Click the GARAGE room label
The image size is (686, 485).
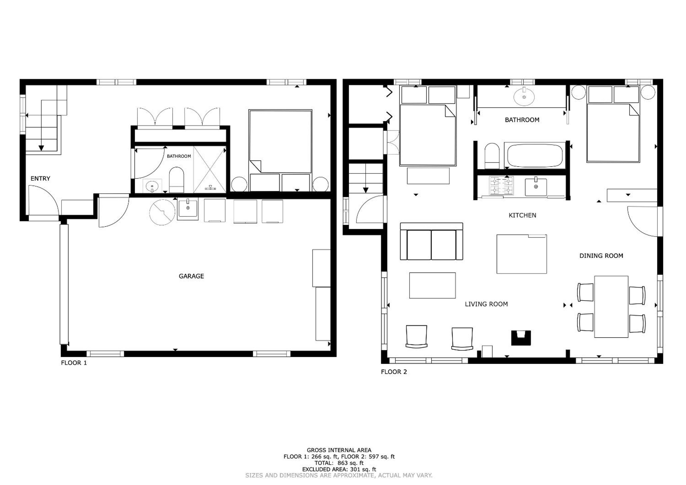(191, 276)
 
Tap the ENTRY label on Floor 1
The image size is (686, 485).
(40, 179)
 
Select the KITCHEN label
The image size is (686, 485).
(522, 215)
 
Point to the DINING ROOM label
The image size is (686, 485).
(601, 256)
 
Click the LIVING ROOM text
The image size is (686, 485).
(486, 304)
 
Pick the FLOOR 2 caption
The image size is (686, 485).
(394, 372)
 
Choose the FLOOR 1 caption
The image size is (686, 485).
(74, 363)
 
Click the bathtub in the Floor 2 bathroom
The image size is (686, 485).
(535, 156)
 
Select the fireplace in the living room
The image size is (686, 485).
(521, 338)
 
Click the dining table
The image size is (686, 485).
(611, 307)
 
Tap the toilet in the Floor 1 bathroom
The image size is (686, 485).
(176, 180)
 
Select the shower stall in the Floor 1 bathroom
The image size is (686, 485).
(209, 169)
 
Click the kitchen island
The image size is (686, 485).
(522, 254)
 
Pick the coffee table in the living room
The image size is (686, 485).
(432, 285)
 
